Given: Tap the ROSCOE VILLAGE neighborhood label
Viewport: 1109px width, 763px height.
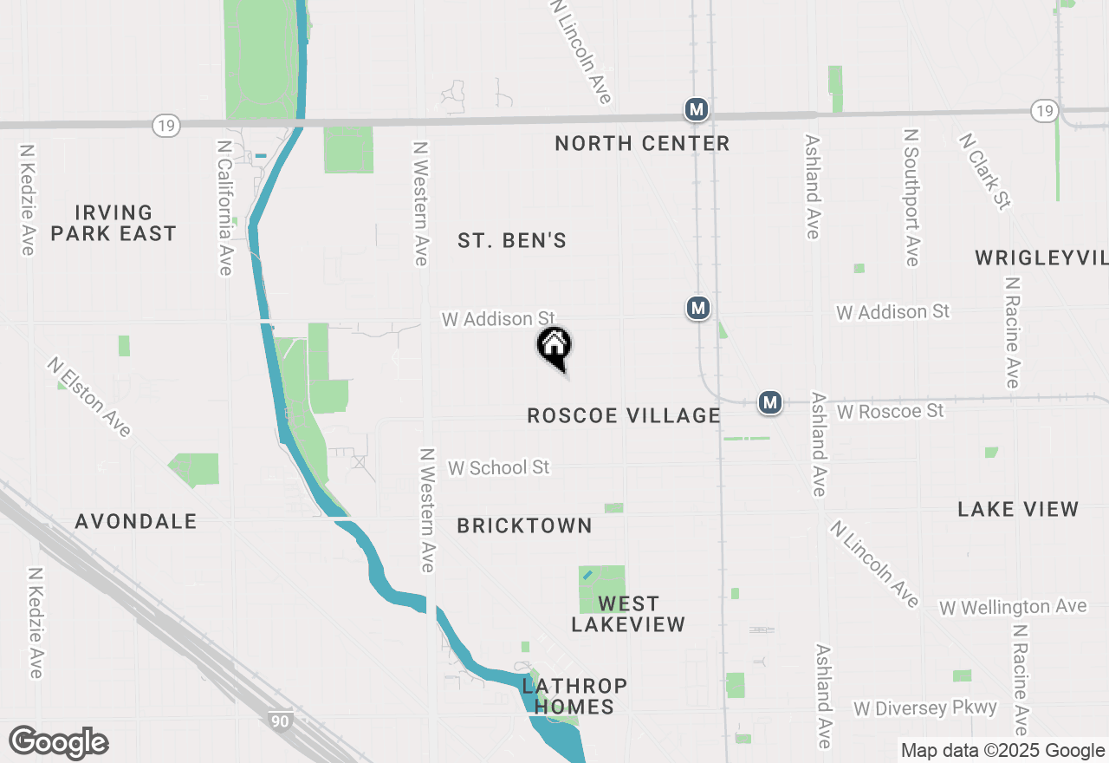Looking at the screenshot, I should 624,416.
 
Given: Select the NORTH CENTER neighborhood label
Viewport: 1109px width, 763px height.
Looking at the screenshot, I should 642,143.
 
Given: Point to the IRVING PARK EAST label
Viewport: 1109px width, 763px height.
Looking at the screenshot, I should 113,223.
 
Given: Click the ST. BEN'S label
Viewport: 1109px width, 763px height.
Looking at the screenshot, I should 512,241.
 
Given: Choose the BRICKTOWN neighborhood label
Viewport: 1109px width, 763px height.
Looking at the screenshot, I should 525,526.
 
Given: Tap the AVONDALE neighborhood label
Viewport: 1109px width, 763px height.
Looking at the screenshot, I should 136,521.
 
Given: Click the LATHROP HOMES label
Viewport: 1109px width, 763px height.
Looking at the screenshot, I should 574,696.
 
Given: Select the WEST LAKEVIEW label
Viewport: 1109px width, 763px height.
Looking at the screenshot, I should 628,614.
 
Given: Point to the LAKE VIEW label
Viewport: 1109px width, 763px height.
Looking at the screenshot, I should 1018,509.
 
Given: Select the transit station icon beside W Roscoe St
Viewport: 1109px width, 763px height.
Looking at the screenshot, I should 770,402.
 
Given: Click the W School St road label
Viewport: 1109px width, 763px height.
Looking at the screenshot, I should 498,467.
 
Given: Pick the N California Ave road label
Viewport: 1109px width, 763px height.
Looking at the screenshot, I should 225,205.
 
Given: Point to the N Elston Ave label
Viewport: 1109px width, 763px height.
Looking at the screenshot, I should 89,397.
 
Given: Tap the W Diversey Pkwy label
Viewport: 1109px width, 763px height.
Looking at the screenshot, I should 925,708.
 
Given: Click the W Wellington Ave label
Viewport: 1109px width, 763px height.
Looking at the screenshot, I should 1013,607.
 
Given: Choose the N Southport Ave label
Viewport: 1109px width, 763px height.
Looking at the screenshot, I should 911,198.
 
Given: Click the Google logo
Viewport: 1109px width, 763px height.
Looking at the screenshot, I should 58,743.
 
